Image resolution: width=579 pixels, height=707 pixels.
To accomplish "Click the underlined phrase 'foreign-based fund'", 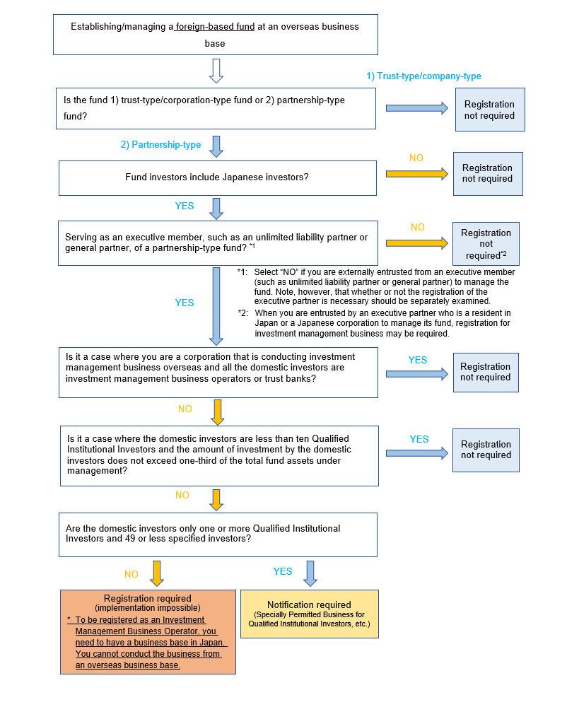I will pyautogui.click(x=215, y=27).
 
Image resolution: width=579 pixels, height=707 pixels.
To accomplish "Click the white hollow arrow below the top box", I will pyautogui.click(x=216, y=70).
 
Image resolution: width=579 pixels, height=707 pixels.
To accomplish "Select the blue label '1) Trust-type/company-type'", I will pyautogui.click(x=423, y=76).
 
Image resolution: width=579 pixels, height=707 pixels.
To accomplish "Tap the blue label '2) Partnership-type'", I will pyautogui.click(x=160, y=145).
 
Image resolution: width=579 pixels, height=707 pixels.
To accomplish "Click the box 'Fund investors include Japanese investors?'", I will pyautogui.click(x=217, y=177).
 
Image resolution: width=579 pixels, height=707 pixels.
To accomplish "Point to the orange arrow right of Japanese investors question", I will pyautogui.click(x=417, y=173).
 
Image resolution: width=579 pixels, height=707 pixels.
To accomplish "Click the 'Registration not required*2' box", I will pyautogui.click(x=486, y=243).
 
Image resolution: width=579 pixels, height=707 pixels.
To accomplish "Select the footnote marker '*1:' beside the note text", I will pyautogui.click(x=243, y=272).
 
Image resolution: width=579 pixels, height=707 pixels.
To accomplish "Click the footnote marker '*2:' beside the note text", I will pyautogui.click(x=243, y=312).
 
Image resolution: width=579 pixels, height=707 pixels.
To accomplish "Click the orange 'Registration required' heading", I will pyautogui.click(x=147, y=598).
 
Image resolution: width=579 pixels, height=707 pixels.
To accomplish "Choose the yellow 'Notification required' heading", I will pyautogui.click(x=309, y=604).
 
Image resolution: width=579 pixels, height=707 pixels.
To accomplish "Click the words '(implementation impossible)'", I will pyautogui.click(x=147, y=608).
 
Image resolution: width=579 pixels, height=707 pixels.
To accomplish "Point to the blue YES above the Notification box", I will pyautogui.click(x=283, y=571).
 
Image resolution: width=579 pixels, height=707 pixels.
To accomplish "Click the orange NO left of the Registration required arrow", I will pyautogui.click(x=131, y=574).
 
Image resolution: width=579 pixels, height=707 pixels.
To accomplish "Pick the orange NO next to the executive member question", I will pyautogui.click(x=418, y=227).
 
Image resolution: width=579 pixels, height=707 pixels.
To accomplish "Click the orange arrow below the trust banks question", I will pyautogui.click(x=217, y=411).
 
